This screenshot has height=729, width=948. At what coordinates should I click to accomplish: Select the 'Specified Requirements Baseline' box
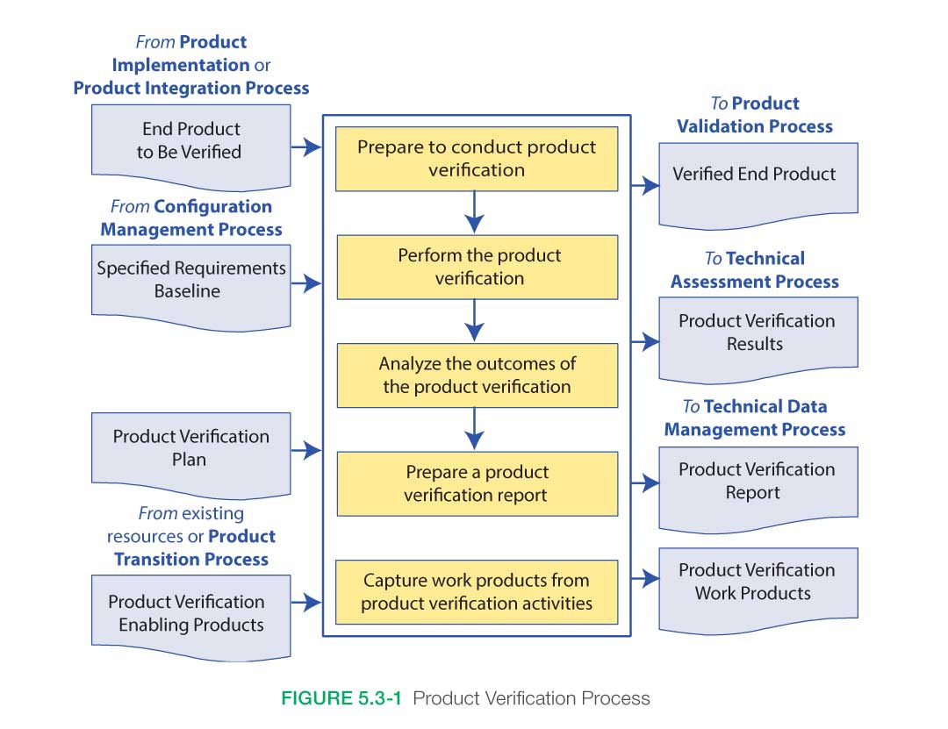[190, 280]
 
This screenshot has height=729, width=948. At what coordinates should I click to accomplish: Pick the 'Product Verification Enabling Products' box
[190, 613]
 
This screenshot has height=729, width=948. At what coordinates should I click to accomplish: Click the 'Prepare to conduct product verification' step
[477, 159]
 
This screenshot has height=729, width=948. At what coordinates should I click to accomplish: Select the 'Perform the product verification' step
[477, 267]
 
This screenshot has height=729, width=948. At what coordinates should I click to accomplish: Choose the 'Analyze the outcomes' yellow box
[477, 375]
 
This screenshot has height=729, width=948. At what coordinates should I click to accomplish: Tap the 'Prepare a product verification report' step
[477, 483]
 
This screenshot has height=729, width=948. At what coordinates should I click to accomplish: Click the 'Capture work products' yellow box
[477, 592]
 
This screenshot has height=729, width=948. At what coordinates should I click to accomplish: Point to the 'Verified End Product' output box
[758, 175]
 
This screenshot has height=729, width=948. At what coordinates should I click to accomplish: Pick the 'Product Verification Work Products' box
[758, 582]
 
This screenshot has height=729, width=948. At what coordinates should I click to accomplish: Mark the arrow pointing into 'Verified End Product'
[645, 185]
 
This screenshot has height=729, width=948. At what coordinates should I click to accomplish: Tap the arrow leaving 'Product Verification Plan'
[306, 451]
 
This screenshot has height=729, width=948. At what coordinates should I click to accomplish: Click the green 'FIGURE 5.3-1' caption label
[342, 699]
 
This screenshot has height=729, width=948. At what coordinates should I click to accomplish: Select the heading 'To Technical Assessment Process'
[755, 270]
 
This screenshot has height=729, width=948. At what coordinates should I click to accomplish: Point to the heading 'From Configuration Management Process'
[191, 218]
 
